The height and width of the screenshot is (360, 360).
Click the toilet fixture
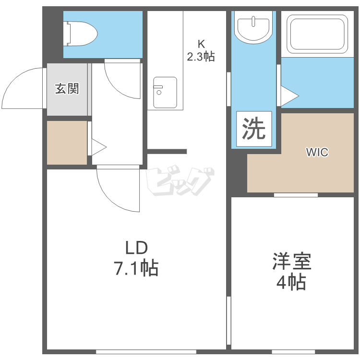[x=80, y=34]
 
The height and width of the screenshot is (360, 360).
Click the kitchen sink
[x=165, y=93]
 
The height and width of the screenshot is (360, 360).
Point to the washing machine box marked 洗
[x=254, y=129]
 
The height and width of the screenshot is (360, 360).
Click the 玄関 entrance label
[x=67, y=89]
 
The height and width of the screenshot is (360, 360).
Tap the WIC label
[x=317, y=152]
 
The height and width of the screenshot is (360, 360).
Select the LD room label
[x=137, y=247]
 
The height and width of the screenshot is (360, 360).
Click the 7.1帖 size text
[x=136, y=268]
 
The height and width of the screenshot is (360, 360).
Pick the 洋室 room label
[x=292, y=261]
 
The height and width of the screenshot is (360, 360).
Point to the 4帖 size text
[x=291, y=282]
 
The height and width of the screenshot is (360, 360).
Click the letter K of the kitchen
[x=201, y=44]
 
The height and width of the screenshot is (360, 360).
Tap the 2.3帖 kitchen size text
[x=201, y=57]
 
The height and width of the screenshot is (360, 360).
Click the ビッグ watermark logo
[x=180, y=181]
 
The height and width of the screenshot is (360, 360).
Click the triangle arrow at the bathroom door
[x=290, y=96]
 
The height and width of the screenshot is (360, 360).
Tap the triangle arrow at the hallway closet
[x=99, y=147]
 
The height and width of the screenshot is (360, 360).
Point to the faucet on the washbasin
[x=253, y=21]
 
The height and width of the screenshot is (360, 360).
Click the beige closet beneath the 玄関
[x=67, y=143]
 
